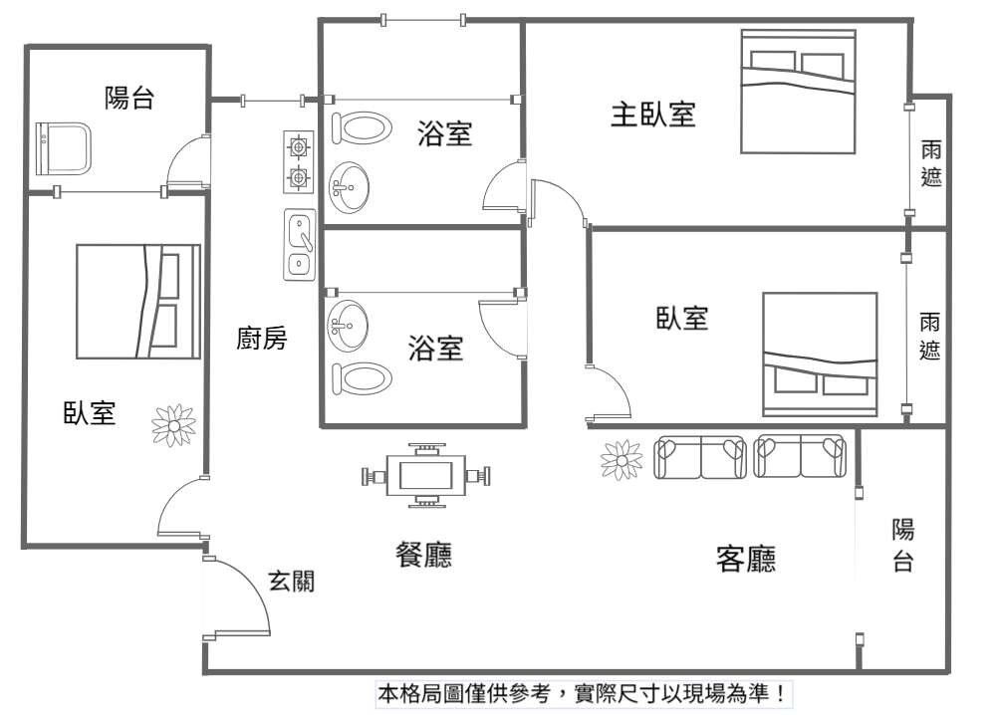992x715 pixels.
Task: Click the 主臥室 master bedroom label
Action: (x=653, y=115)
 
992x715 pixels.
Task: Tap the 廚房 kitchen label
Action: (x=262, y=338)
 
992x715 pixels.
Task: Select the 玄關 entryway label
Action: (x=292, y=581)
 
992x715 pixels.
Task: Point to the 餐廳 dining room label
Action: (x=424, y=555)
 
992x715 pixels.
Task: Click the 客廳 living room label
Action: (x=746, y=559)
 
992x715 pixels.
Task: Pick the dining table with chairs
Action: (x=426, y=476)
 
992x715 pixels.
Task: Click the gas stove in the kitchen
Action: (x=298, y=162)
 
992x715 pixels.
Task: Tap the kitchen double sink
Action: (x=299, y=244)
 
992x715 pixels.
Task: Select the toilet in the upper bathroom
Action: (x=362, y=128)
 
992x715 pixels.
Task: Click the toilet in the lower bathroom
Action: (x=362, y=378)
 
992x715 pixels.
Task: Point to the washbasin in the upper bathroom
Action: (x=348, y=187)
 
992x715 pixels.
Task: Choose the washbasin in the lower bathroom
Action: (x=347, y=326)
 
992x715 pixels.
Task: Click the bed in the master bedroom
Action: (x=799, y=92)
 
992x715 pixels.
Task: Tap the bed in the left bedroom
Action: (x=138, y=301)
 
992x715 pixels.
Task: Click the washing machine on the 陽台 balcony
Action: (x=63, y=148)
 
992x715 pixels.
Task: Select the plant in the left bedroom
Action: (x=174, y=425)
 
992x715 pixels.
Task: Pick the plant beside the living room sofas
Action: (x=621, y=459)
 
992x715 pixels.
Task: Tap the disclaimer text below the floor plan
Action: (x=583, y=694)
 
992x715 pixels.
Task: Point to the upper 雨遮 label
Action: (x=931, y=163)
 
